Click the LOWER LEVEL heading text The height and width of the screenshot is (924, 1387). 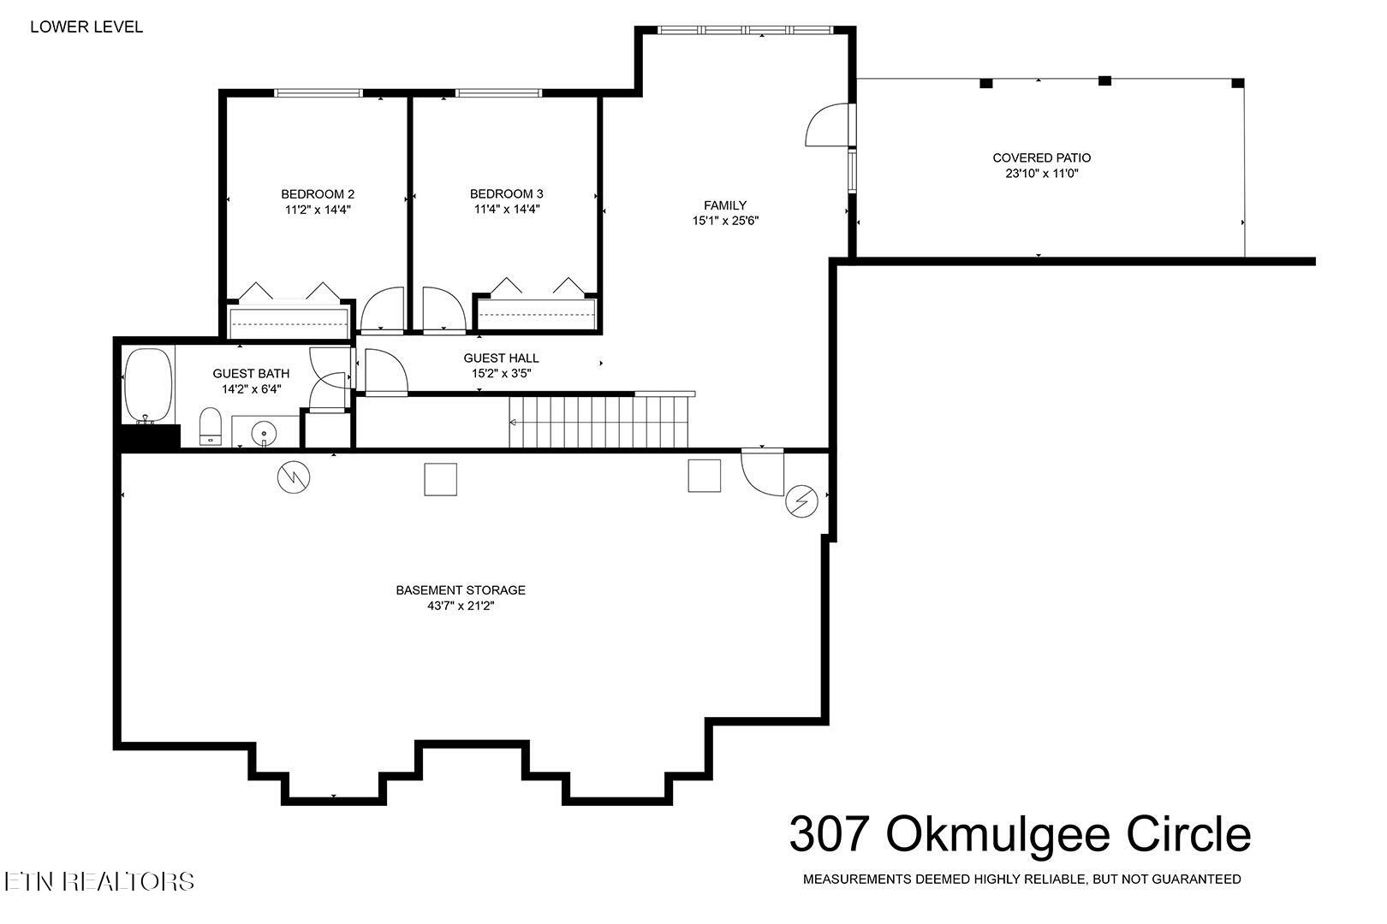click(86, 27)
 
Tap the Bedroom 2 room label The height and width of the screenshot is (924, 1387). click(318, 193)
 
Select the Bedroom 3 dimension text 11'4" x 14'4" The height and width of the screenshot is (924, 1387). click(506, 209)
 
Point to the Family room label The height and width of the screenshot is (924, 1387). click(724, 205)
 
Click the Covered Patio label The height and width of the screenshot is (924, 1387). click(1041, 157)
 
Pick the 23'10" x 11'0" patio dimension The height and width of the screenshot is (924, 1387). click(1041, 174)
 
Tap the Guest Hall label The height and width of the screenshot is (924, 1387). click(501, 358)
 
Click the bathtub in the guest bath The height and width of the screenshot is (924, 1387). click(148, 385)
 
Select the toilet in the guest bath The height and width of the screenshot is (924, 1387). click(211, 426)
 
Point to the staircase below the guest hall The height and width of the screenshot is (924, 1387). click(598, 422)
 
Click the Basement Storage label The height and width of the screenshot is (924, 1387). click(461, 590)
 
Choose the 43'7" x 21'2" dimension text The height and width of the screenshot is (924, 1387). click(461, 606)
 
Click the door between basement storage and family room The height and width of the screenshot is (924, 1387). click(762, 472)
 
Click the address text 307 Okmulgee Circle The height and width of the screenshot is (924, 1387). click(1019, 833)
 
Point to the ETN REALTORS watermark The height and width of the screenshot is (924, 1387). click(99, 880)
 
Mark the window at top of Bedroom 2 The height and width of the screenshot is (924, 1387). click(318, 92)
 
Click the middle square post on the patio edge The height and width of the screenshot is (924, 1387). click(1104, 81)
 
